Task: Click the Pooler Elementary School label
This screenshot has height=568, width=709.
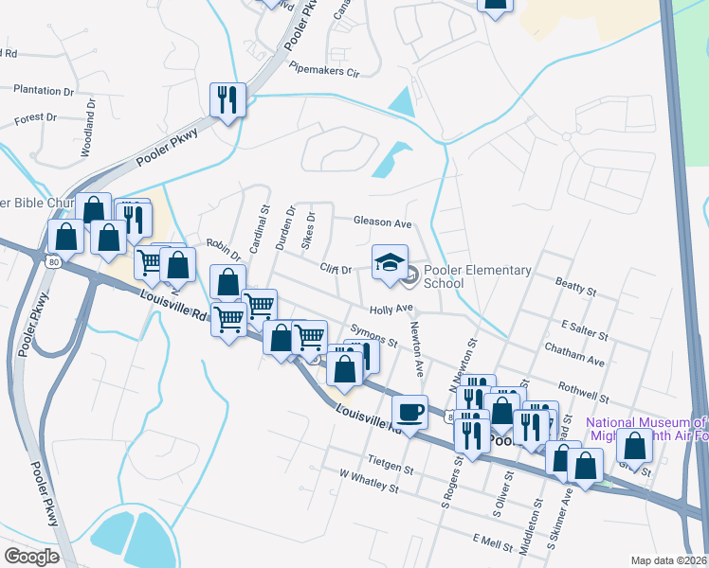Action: (477, 276)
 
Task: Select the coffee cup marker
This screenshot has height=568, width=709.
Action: (409, 413)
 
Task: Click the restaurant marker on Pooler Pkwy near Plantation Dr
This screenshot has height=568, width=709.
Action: (227, 99)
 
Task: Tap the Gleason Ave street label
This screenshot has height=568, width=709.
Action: (382, 222)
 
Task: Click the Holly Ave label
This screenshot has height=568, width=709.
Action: (391, 309)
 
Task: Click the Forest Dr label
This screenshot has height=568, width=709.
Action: (37, 119)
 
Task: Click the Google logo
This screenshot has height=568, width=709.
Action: (31, 557)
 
